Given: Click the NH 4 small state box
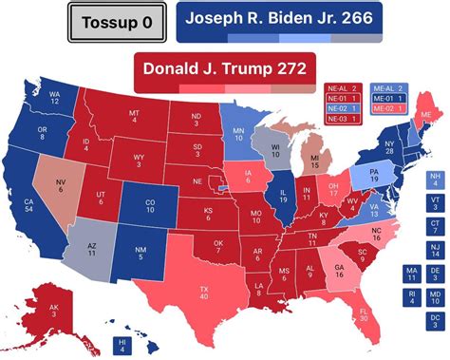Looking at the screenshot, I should tap(434, 179).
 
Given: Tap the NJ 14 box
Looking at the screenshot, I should tap(434, 250).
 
